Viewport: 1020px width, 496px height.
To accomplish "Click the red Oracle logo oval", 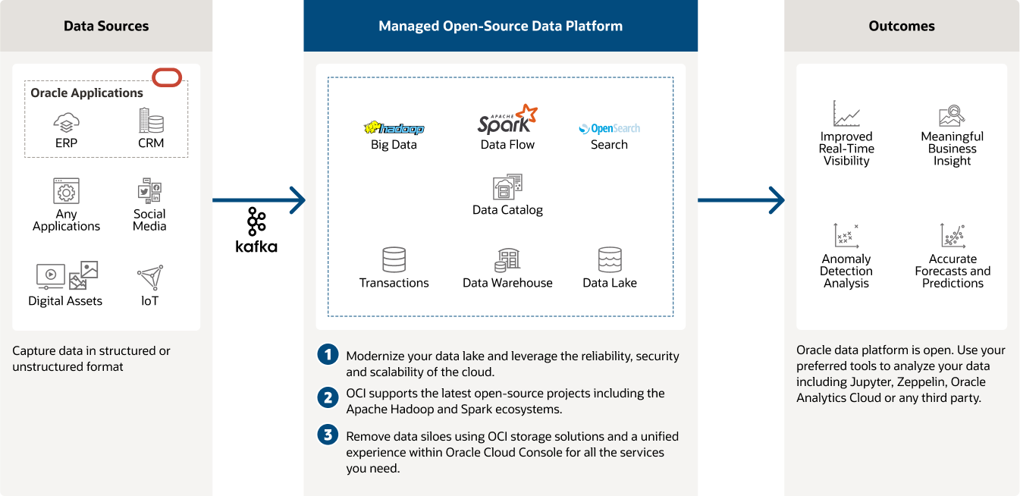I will (x=167, y=77).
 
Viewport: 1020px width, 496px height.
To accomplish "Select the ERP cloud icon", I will (x=67, y=121).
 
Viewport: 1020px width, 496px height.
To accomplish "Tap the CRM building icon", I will (x=151, y=121).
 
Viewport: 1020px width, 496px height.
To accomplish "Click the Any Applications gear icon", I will (x=67, y=191).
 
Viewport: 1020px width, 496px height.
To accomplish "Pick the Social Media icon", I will (x=149, y=191).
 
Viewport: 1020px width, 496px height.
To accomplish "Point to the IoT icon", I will (x=151, y=278).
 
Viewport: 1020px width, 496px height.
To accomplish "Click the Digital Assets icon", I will (x=67, y=275).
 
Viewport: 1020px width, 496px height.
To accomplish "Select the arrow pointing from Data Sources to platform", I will (x=258, y=201).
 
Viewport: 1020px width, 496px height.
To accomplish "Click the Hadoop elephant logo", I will (x=394, y=128).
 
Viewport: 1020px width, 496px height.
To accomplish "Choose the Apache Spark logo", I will (x=507, y=120).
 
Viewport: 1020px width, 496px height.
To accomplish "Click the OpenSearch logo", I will (x=609, y=129).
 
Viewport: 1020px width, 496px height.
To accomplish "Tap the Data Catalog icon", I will (x=507, y=187).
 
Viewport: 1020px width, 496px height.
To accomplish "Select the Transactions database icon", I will (x=394, y=260).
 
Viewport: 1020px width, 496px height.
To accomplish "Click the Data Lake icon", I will (x=610, y=260).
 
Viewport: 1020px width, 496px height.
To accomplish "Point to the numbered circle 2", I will (x=328, y=397).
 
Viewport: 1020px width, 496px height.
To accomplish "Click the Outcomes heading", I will (x=902, y=26).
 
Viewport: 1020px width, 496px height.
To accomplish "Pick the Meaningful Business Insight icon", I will (x=952, y=115).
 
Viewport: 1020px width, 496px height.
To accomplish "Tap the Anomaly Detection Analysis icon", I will (x=846, y=236).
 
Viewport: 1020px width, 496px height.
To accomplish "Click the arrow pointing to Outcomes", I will (x=741, y=201).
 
